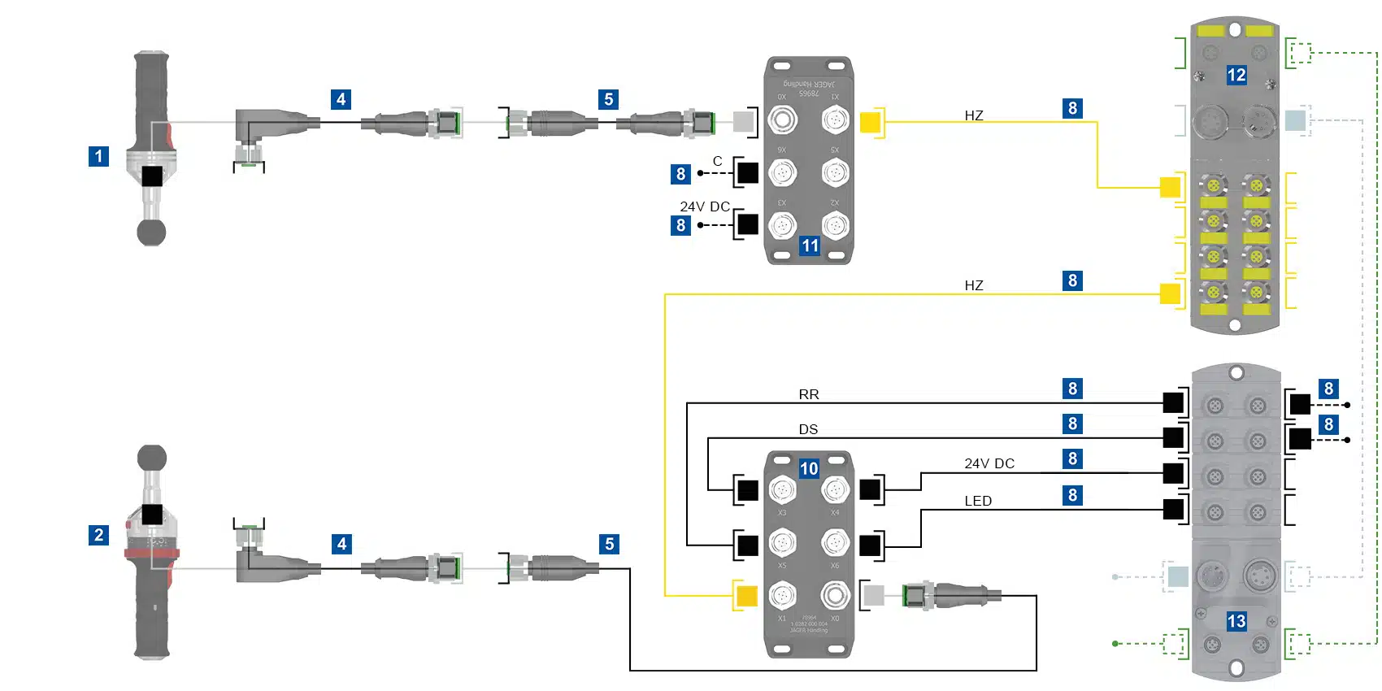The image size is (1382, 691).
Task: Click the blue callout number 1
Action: pos(98,156)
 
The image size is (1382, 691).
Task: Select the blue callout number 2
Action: pos(98,535)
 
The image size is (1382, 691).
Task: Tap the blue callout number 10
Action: pos(809,468)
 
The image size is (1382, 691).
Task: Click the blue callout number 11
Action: pos(811,246)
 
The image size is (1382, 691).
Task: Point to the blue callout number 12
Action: pos(1236,76)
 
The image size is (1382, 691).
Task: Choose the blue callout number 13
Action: pos(1236,622)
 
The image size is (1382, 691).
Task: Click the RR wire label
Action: pos(809,394)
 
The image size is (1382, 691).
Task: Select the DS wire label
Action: pos(808,429)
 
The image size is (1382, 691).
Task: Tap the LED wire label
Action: pos(978,501)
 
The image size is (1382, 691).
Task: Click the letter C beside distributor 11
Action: pos(718,161)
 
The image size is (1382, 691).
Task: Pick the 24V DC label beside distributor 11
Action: pos(705,206)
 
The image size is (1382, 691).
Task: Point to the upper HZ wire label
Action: pos(974,115)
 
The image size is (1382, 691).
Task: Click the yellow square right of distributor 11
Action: pos(870,122)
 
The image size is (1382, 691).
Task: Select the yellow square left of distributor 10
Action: pos(746,596)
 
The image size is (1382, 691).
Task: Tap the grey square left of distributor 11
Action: pos(743,122)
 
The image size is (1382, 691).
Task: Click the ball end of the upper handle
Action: pos(151,233)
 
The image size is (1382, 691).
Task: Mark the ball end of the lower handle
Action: pos(152,458)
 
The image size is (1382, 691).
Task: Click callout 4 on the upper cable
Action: pos(341,99)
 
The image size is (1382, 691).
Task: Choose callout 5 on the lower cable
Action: pos(610,544)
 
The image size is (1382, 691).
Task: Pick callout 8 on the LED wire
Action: pos(1073,495)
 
